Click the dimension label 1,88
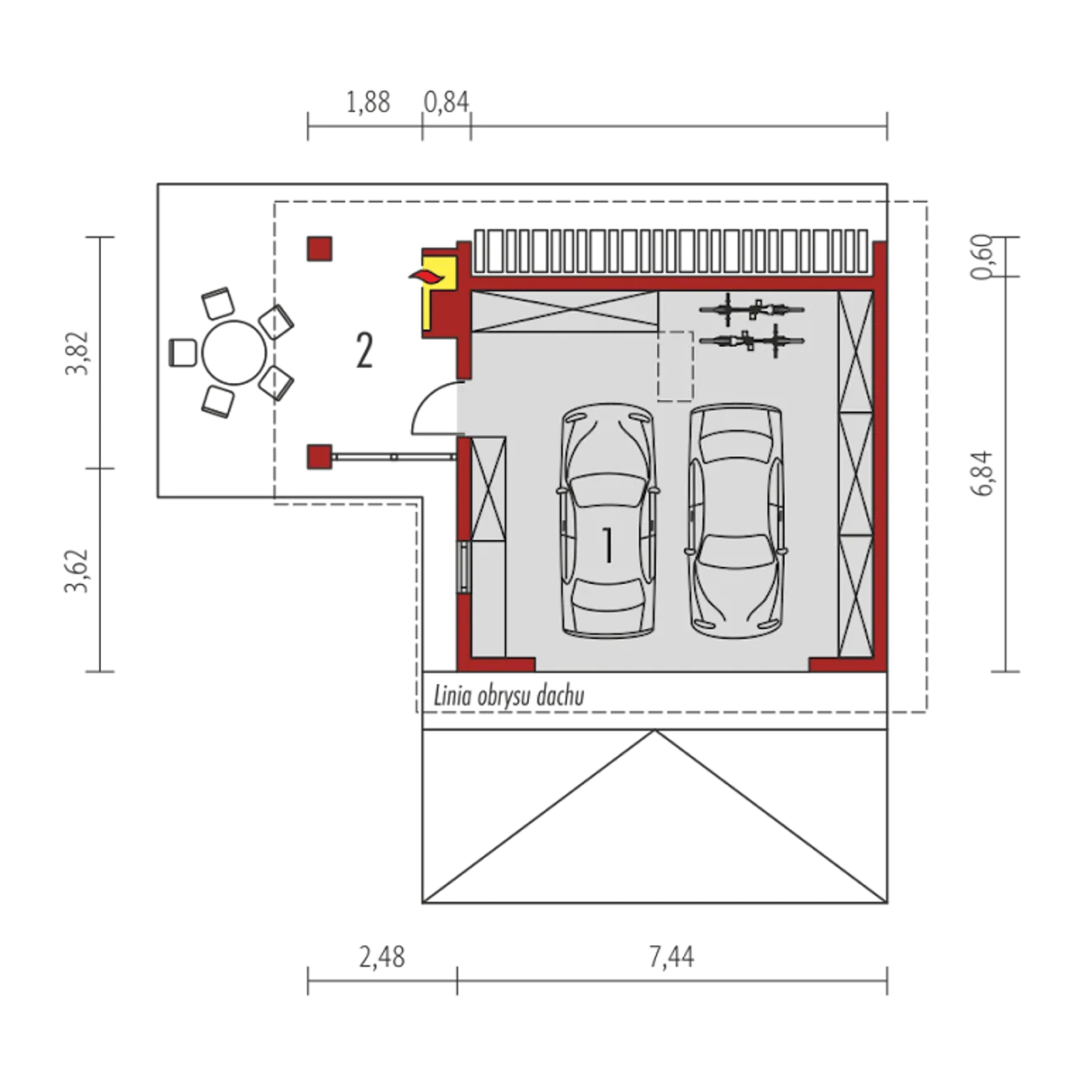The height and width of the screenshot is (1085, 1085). [x=368, y=103]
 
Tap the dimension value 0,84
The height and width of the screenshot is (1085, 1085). [x=446, y=103]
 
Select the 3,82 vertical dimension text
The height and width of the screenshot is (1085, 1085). [x=77, y=353]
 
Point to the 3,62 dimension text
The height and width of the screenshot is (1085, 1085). [x=77, y=570]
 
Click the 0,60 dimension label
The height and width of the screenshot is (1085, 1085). [x=982, y=257]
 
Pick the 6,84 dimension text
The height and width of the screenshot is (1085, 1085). [x=982, y=474]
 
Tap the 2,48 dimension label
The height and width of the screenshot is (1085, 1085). [x=381, y=957]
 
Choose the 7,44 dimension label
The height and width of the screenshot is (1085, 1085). [x=671, y=957]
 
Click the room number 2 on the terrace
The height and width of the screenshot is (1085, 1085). [x=364, y=350]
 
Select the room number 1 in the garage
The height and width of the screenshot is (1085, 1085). [x=608, y=545]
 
